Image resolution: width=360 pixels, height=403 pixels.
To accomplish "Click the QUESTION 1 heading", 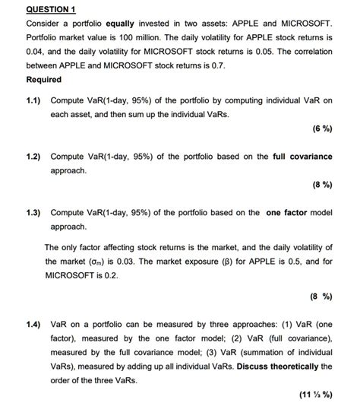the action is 51,9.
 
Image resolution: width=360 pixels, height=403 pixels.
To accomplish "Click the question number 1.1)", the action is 35,100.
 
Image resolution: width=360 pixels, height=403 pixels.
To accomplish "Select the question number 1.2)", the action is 35,157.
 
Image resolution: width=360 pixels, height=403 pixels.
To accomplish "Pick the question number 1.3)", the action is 35,213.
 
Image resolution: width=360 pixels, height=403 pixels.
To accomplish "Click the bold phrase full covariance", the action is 302,157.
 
